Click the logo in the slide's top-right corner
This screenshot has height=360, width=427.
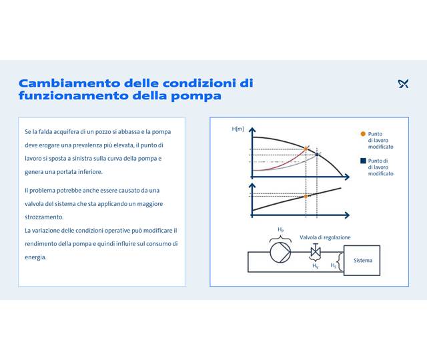(x=402, y=84)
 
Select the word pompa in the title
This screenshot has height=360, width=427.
(x=198, y=96)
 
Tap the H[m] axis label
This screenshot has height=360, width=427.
(x=238, y=129)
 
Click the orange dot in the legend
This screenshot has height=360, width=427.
(x=362, y=134)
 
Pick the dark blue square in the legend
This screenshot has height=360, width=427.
(x=362, y=161)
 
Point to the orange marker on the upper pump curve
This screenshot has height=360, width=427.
(x=306, y=149)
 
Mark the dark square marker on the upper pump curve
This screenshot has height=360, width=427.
(x=317, y=155)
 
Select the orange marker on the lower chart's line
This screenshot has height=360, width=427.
(x=306, y=196)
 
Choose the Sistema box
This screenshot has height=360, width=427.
(x=362, y=260)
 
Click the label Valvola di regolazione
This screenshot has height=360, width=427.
(x=325, y=237)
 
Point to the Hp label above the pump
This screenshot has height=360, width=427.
(x=281, y=230)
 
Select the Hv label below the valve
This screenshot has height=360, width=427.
(x=316, y=265)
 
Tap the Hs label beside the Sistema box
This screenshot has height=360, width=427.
(x=333, y=265)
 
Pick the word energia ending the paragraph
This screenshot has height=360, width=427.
(x=35, y=257)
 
